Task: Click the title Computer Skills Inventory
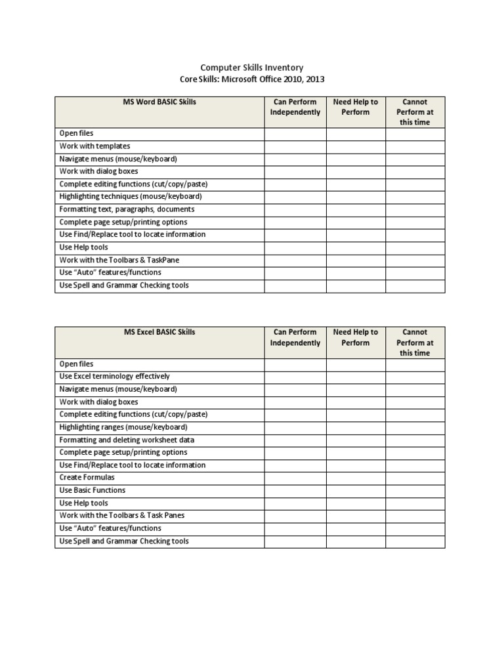coord(251,68)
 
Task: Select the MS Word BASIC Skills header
coord(159,102)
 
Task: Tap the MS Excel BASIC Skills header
coord(159,333)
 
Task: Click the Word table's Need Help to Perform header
coord(356,107)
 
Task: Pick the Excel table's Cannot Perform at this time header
coord(415,343)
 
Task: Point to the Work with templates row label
coord(94,146)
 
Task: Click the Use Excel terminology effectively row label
coord(114,377)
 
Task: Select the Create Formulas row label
coord(87,478)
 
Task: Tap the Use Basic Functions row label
coord(92,490)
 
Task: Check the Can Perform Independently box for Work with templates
coord(295,146)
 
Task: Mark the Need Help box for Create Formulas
coord(356,478)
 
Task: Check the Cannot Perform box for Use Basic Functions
coord(415,490)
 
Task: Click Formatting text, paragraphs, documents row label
coord(127,209)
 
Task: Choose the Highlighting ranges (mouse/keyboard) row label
coord(123,427)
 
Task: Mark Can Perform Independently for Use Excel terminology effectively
coord(295,377)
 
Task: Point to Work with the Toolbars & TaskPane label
coord(119,260)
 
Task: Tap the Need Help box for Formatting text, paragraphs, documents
coord(356,209)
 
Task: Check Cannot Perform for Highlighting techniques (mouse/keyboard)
coord(415,197)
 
